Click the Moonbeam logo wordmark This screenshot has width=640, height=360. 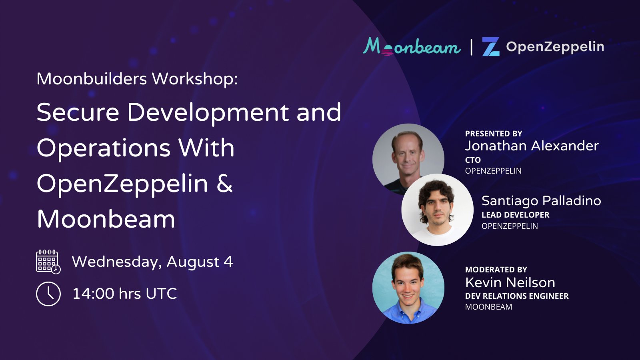pyautogui.click(x=412, y=47)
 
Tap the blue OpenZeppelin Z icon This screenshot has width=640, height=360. pyautogui.click(x=490, y=46)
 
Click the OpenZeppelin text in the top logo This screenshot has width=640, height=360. pyautogui.click(x=555, y=46)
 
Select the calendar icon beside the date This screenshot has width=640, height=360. pyautogui.click(x=48, y=262)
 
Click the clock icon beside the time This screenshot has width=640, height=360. pyautogui.click(x=48, y=294)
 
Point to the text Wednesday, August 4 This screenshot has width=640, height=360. pyautogui.click(x=152, y=262)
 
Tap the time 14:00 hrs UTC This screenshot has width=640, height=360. pyautogui.click(x=124, y=294)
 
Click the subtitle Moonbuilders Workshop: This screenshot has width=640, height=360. pyautogui.click(x=137, y=79)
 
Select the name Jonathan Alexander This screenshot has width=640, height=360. pyautogui.click(x=532, y=146)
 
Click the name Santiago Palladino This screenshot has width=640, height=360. pyautogui.click(x=541, y=200)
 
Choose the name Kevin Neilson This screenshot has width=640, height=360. pyautogui.click(x=510, y=282)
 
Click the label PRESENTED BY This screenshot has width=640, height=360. pyautogui.click(x=494, y=134)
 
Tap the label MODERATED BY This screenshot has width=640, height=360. pyautogui.click(x=496, y=270)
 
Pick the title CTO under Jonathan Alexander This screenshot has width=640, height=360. pyautogui.click(x=473, y=160)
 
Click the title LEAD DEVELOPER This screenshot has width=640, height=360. pyautogui.click(x=515, y=215)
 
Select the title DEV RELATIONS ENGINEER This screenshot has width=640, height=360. pyautogui.click(x=517, y=296)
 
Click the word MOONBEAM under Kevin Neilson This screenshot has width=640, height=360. pyautogui.click(x=488, y=307)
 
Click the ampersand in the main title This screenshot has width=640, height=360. pyautogui.click(x=224, y=184)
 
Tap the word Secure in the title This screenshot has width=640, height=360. pyautogui.click(x=78, y=112)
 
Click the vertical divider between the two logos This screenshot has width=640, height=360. pyautogui.click(x=472, y=46)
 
